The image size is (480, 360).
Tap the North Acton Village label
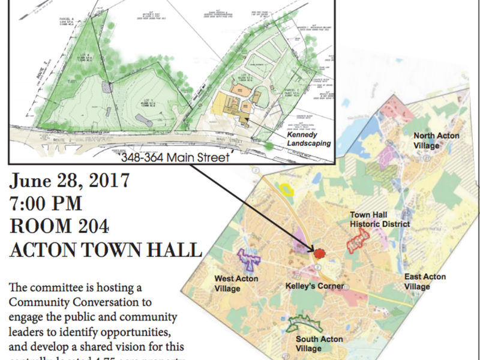point(436,140)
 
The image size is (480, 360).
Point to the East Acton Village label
point(425,281)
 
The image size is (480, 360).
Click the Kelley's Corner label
point(314,286)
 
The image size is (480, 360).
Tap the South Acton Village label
point(320,343)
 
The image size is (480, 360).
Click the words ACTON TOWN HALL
point(105,249)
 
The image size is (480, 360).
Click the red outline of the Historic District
point(357,241)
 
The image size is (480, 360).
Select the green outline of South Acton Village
point(304,324)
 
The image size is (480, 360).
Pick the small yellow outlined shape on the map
point(287,190)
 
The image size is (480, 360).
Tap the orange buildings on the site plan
point(235,102)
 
